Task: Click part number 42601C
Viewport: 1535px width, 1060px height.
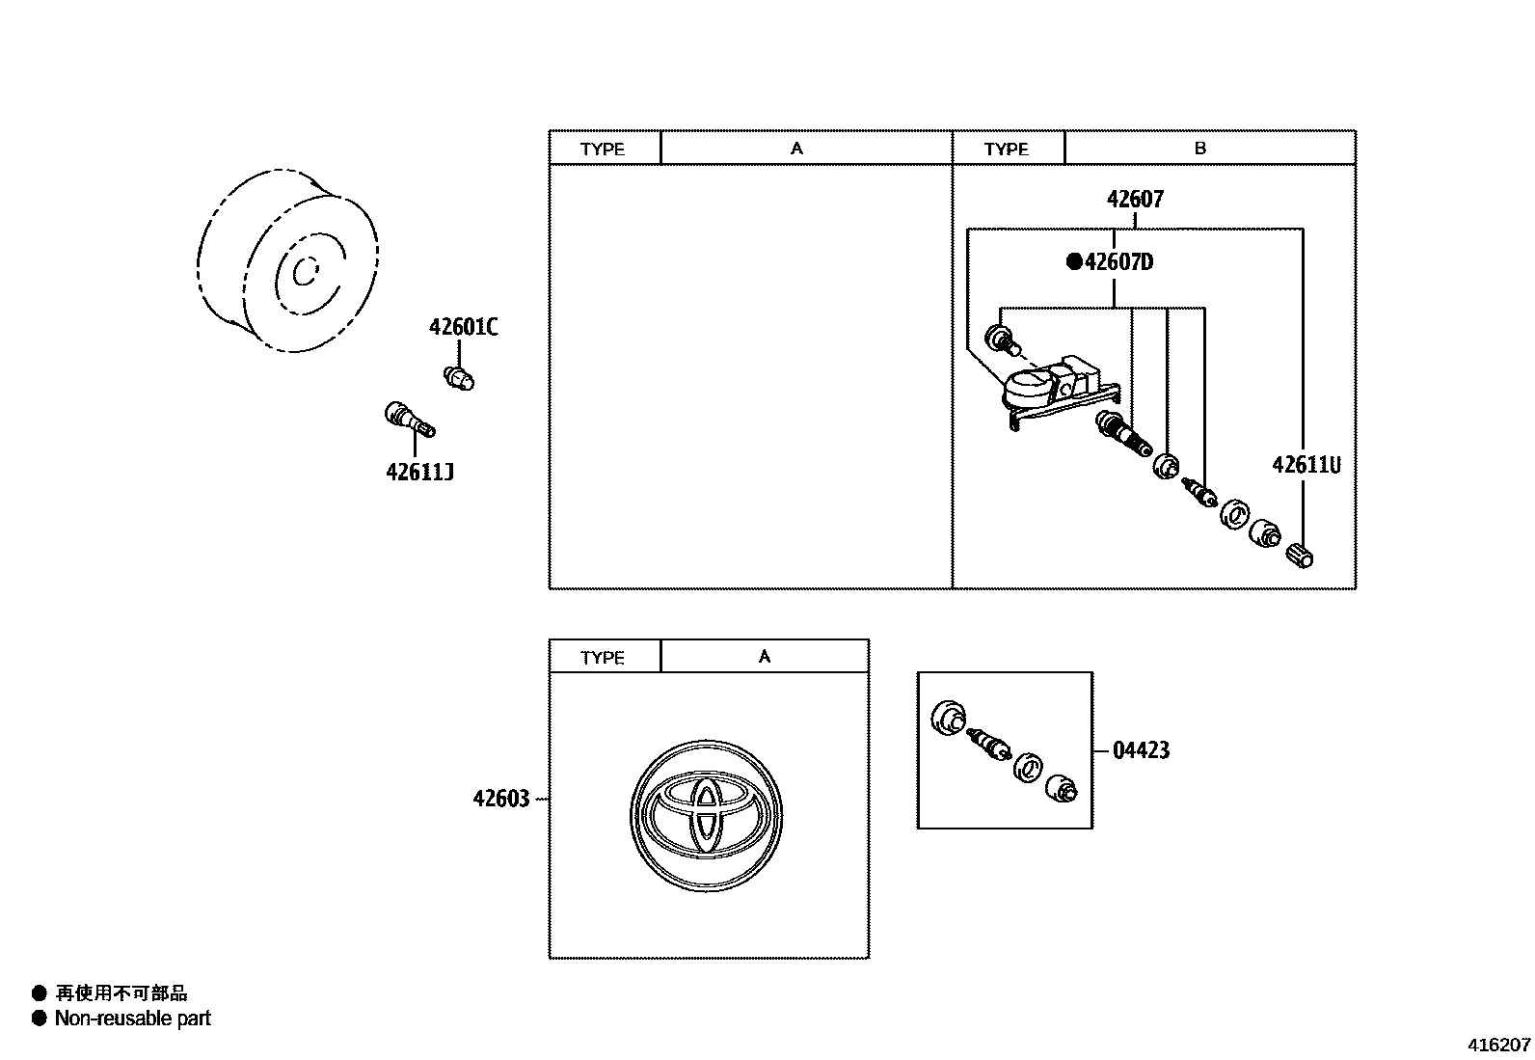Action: (463, 328)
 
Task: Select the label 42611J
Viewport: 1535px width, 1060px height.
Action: (419, 473)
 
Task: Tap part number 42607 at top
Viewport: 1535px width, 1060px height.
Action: (1135, 200)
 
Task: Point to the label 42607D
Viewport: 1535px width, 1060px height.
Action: (1118, 262)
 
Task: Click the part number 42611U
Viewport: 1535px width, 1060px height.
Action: (1306, 465)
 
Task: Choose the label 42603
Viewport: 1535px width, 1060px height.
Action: (501, 799)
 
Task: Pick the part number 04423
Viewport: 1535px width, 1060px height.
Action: (1141, 750)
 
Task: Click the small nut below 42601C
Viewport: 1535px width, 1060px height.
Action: (459, 377)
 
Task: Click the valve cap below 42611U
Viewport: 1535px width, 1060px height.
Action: (1301, 556)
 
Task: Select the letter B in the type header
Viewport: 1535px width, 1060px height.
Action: (1199, 149)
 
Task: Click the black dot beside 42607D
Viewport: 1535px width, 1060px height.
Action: (1073, 262)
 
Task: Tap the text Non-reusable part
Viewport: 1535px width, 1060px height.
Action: (132, 1019)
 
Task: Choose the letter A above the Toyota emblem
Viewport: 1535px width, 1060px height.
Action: (764, 657)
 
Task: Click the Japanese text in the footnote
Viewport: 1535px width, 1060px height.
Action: (121, 993)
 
